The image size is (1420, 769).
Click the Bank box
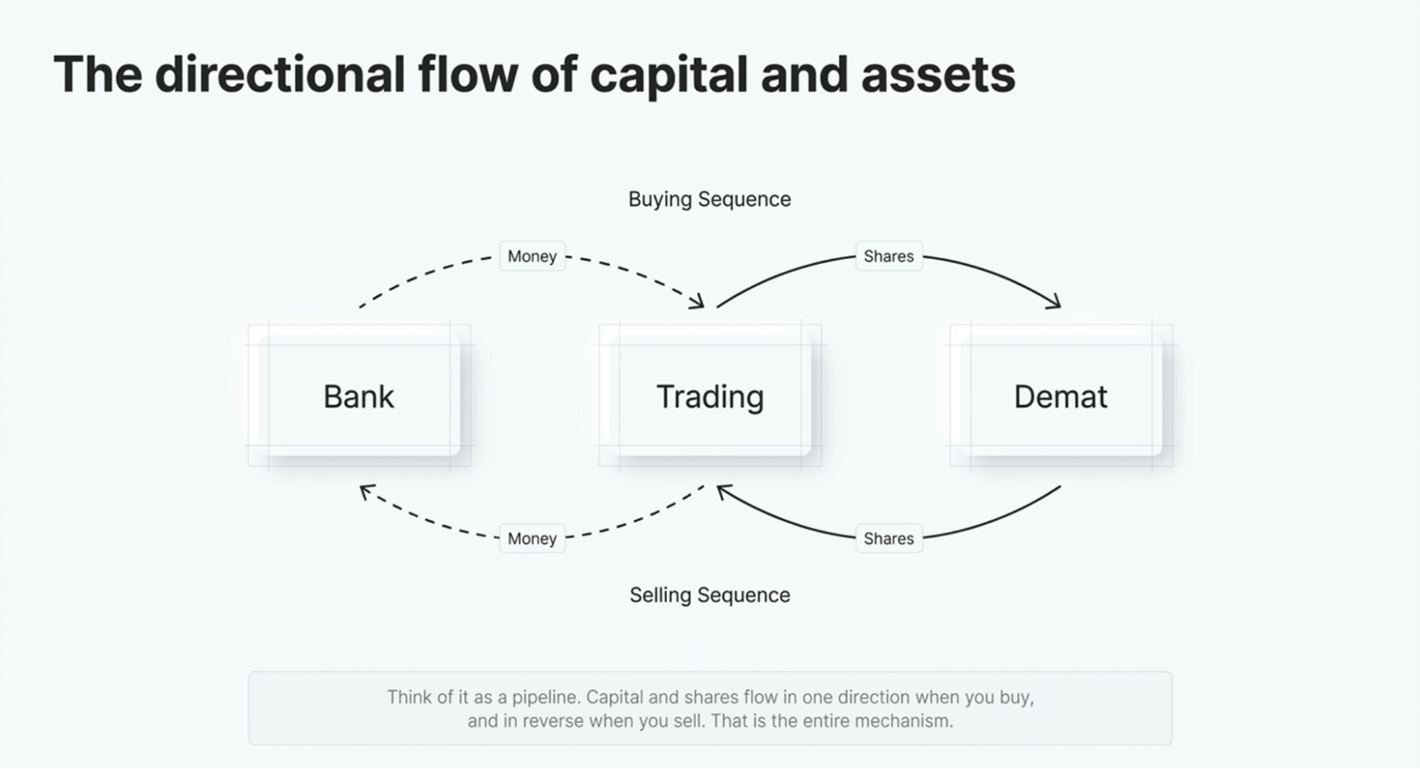point(359,396)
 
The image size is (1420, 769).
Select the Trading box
point(710,396)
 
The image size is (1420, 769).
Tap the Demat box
point(1060,396)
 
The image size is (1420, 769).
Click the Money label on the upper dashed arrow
point(532,256)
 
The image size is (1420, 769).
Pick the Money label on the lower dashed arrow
point(532,538)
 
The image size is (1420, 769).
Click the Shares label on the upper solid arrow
point(889,256)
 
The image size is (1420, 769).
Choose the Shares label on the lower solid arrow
point(889,538)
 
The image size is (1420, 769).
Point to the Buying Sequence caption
point(709,199)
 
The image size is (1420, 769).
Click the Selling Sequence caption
point(709,595)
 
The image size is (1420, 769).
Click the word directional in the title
point(280,75)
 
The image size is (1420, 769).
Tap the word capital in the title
point(668,75)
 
